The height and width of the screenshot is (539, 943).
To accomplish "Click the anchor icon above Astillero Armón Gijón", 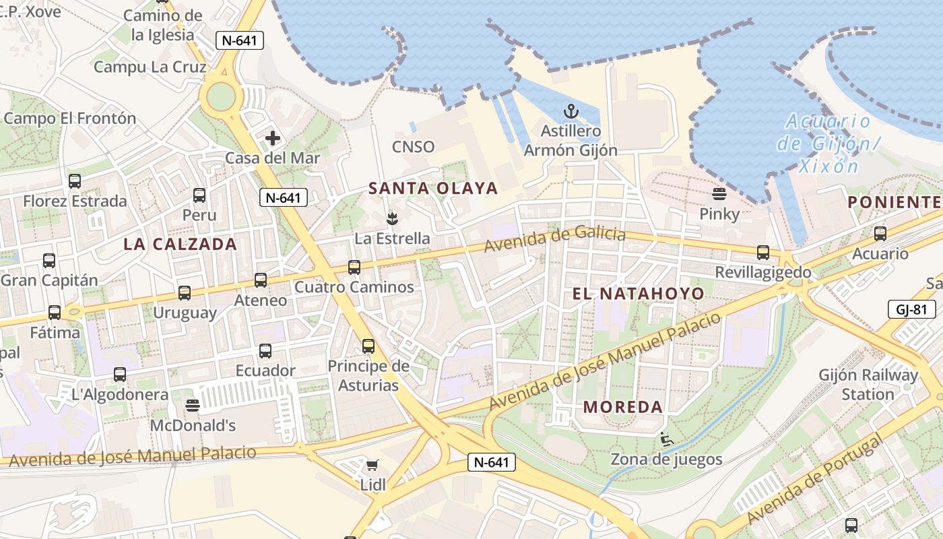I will point(571,111).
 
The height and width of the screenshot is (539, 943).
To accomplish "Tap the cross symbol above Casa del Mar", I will point(273,139).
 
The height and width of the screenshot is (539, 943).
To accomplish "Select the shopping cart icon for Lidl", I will point(372,465).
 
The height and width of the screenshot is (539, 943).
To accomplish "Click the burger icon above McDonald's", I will point(193,406).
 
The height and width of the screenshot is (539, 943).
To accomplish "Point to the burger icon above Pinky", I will point(719,194).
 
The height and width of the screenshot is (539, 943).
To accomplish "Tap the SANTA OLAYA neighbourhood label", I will point(434,189).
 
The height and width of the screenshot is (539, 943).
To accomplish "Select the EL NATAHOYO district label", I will point(638,294).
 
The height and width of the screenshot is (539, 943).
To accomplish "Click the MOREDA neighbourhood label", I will point(623,407).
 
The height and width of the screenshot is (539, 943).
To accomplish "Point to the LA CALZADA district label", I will point(181,245).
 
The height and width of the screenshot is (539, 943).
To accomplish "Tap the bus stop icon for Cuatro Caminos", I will point(354,267).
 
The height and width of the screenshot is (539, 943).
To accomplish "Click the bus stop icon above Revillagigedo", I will point(763,253).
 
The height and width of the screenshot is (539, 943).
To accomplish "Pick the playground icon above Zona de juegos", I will point(667,439).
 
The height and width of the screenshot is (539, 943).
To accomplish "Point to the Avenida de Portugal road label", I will point(815,480).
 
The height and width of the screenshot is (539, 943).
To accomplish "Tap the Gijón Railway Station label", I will point(868,385).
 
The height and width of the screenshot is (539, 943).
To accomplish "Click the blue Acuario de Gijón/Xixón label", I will point(828,144).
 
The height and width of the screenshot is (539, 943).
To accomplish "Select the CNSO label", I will point(414,147).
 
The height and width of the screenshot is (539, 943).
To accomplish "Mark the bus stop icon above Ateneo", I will point(261,280).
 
